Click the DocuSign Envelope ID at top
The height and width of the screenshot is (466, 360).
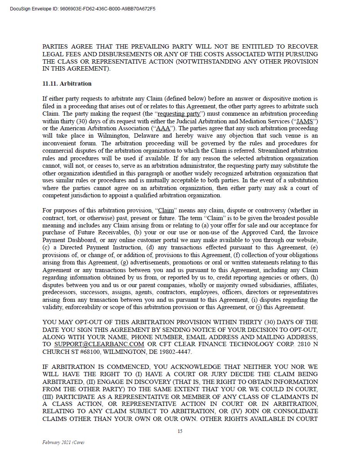point(83,8)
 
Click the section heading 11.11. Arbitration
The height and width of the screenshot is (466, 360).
point(67,84)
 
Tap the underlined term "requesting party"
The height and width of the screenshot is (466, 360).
point(179,114)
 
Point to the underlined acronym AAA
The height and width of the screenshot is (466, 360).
point(163,128)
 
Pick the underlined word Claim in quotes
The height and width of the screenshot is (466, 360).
point(166,210)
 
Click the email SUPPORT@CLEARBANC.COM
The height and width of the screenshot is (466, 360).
point(99,344)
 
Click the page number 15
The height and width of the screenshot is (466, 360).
point(180,431)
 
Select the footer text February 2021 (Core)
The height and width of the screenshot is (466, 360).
point(63,442)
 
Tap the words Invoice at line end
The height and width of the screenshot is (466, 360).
point(308,233)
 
